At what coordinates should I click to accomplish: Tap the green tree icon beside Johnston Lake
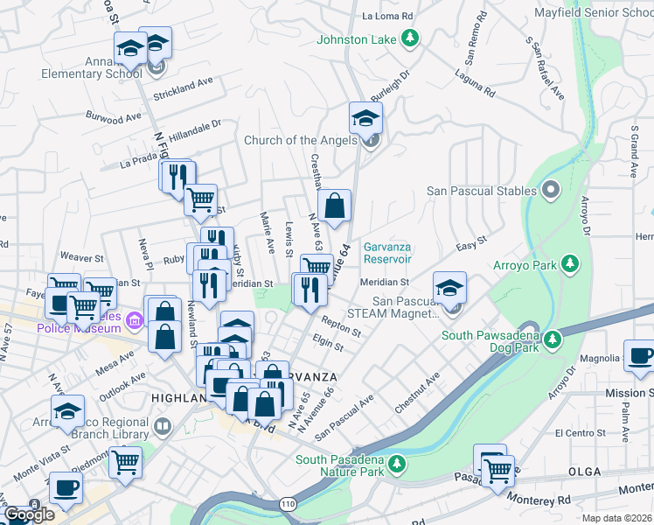point(408,38)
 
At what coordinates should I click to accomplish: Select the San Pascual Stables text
point(482,190)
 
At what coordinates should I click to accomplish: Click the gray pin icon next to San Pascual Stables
point(551,189)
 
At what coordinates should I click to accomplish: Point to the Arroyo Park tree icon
point(570,262)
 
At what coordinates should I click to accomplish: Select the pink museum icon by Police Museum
point(134,321)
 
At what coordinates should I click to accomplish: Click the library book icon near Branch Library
point(162,427)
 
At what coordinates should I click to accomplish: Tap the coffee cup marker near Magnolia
point(641,355)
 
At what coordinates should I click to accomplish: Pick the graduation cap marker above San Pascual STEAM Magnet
point(449,288)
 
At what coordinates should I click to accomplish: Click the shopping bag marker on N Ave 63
point(334,206)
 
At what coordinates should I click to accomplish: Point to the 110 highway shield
point(288,504)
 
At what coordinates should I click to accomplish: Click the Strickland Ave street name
point(184,81)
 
